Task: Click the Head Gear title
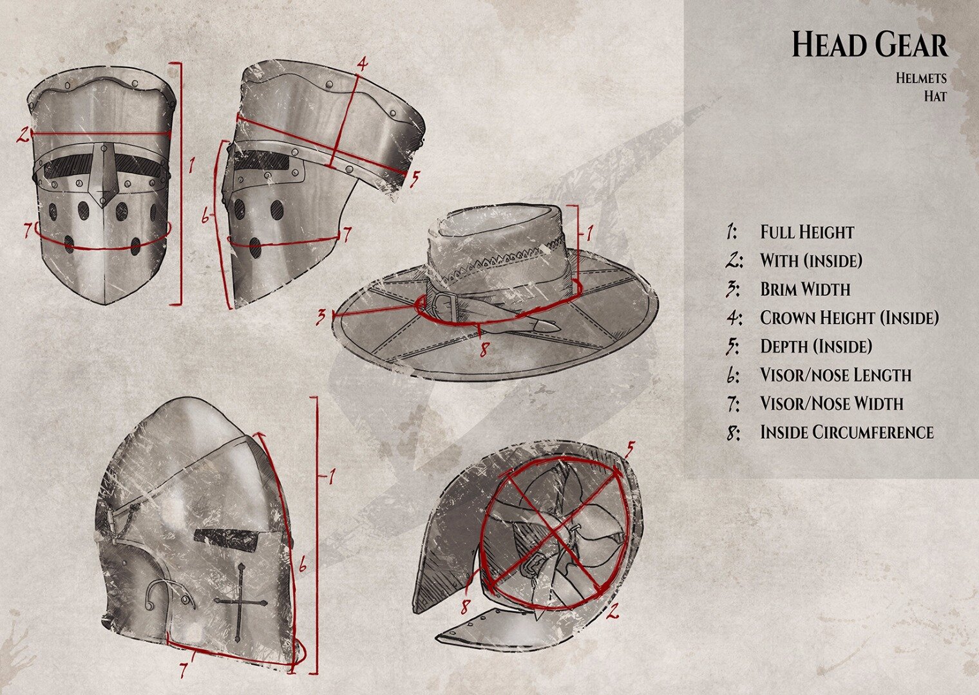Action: click(x=869, y=45)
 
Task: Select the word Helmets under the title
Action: click(x=920, y=79)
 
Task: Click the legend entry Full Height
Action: click(x=806, y=232)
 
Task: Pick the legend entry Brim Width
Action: click(x=805, y=290)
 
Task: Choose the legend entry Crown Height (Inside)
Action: click(x=849, y=318)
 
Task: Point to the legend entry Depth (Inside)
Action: click(x=815, y=346)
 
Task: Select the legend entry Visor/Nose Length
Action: click(x=835, y=375)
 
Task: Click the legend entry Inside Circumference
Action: click(x=846, y=432)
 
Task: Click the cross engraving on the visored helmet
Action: click(x=240, y=601)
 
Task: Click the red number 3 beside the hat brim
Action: click(x=320, y=317)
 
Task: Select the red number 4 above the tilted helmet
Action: click(x=363, y=64)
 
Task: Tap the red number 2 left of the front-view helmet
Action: click(x=23, y=134)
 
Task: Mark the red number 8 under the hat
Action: click(x=484, y=348)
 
